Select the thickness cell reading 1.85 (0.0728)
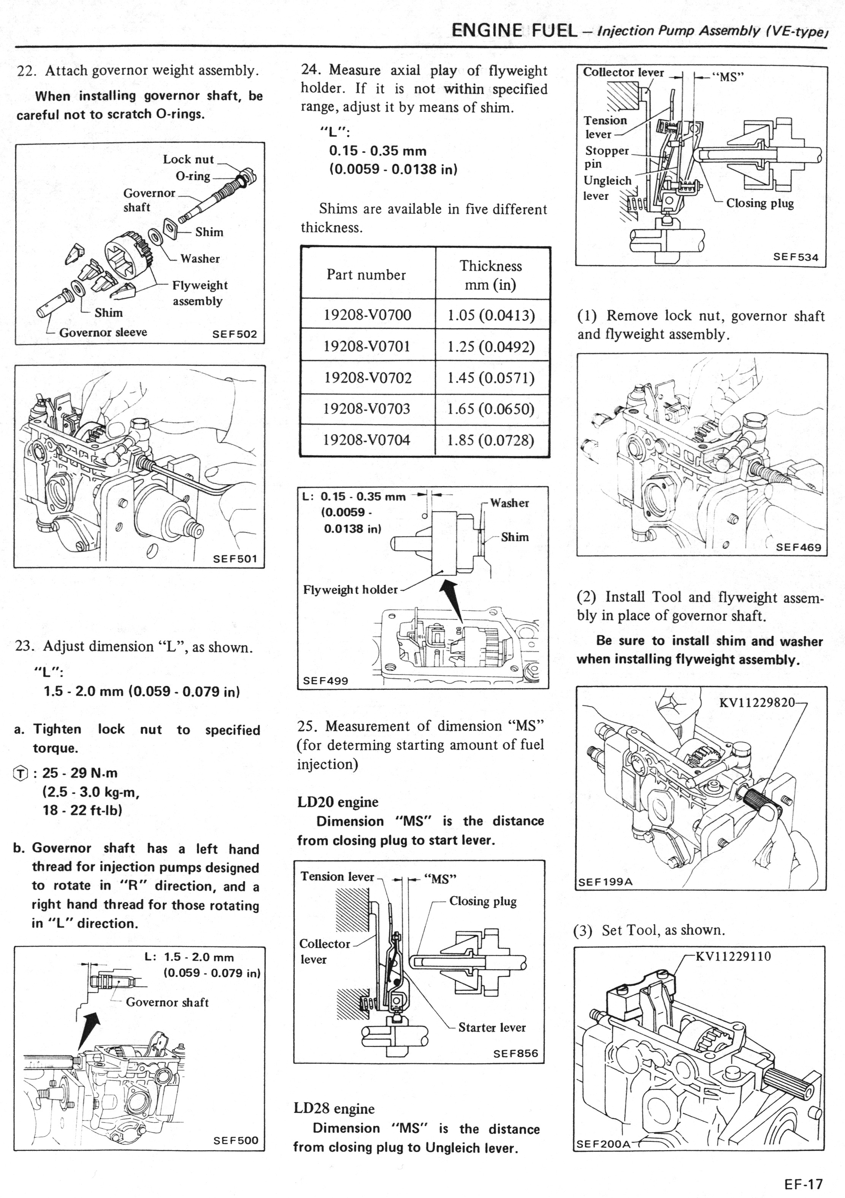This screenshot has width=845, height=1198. pyautogui.click(x=491, y=440)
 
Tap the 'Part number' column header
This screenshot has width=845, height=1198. pyautogui.click(x=366, y=275)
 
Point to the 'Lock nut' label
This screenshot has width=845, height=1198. pyautogui.click(x=189, y=159)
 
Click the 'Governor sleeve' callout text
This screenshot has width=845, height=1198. pyautogui.click(x=103, y=332)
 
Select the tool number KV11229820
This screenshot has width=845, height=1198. pyautogui.click(x=757, y=702)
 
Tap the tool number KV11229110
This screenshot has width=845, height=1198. pyautogui.click(x=733, y=956)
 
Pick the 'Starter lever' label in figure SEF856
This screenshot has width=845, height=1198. pyautogui.click(x=492, y=1027)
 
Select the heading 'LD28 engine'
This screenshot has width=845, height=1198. pyautogui.click(x=334, y=1108)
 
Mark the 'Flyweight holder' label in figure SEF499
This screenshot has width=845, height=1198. pyautogui.click(x=350, y=590)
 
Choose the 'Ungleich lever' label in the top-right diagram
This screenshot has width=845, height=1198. pyautogui.click(x=607, y=188)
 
